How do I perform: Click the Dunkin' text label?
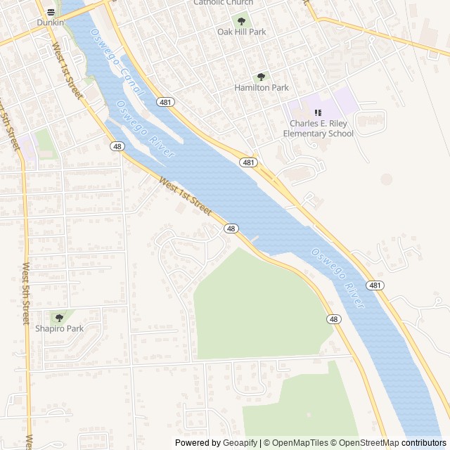pyautogui.click(x=51, y=22)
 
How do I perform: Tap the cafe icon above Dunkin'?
pyautogui.click(x=51, y=12)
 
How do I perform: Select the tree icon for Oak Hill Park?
pyautogui.click(x=242, y=22)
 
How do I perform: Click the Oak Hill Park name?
pyautogui.click(x=242, y=32)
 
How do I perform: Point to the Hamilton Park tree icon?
pyautogui.click(x=262, y=77)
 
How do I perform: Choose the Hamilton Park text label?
pyautogui.click(x=262, y=88)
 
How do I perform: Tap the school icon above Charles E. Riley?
pyautogui.click(x=318, y=112)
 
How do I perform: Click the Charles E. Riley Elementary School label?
pyautogui.click(x=318, y=129)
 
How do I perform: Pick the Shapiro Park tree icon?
pyautogui.click(x=59, y=318)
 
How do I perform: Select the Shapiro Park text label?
pyautogui.click(x=59, y=328)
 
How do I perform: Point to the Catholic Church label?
pyautogui.click(x=224, y=3)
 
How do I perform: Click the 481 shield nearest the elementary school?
pyautogui.click(x=247, y=162)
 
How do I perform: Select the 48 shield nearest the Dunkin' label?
pyautogui.click(x=117, y=146)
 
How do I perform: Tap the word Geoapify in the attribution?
pyautogui.click(x=240, y=443)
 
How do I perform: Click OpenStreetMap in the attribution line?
pyautogui.click(x=370, y=443)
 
